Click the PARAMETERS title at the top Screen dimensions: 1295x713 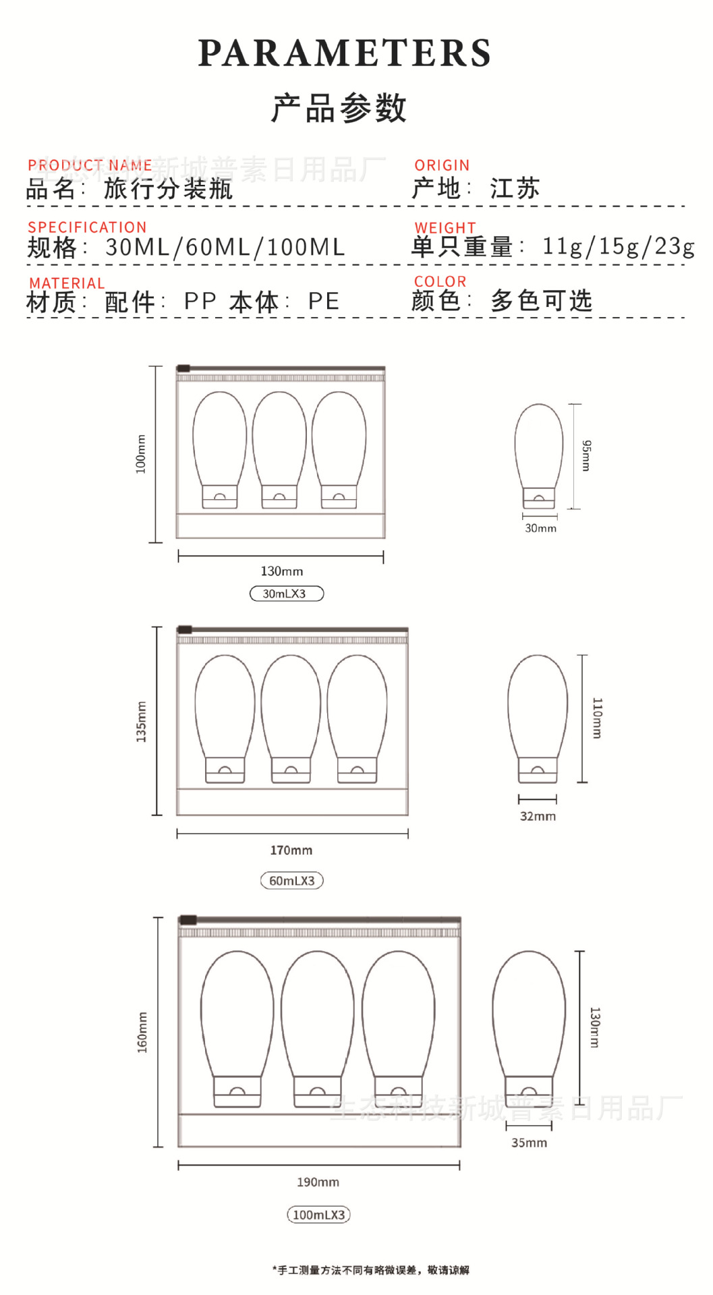pyautogui.click(x=344, y=53)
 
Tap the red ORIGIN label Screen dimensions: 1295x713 pyautogui.click(x=442, y=165)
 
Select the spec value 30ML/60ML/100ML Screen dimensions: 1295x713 pyautogui.click(x=225, y=248)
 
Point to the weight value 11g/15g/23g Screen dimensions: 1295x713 pyautogui.click(x=618, y=246)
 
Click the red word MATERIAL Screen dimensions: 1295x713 pyautogui.click(x=67, y=283)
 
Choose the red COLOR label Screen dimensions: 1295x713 pyautogui.click(x=440, y=281)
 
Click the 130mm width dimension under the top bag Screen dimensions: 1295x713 pyautogui.click(x=282, y=571)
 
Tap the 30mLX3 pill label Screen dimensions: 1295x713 pyautogui.click(x=286, y=594)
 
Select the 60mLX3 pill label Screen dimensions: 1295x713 pyautogui.click(x=292, y=880)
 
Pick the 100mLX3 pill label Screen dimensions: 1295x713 pyautogui.click(x=318, y=1215)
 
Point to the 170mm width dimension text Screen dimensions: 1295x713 pyautogui.click(x=291, y=851)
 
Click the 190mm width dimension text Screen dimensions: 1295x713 pyautogui.click(x=318, y=1182)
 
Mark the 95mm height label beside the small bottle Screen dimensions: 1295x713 pyautogui.click(x=587, y=455)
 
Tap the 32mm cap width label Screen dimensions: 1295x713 pyautogui.click(x=538, y=816)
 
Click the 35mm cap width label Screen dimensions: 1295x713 pyautogui.click(x=529, y=1143)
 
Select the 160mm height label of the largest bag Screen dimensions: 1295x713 pyautogui.click(x=142, y=1032)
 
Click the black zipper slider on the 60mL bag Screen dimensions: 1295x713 pyautogui.click(x=185, y=630)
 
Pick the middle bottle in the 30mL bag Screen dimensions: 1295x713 pyautogui.click(x=279, y=449)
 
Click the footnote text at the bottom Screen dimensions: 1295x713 pyautogui.click(x=370, y=1270)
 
